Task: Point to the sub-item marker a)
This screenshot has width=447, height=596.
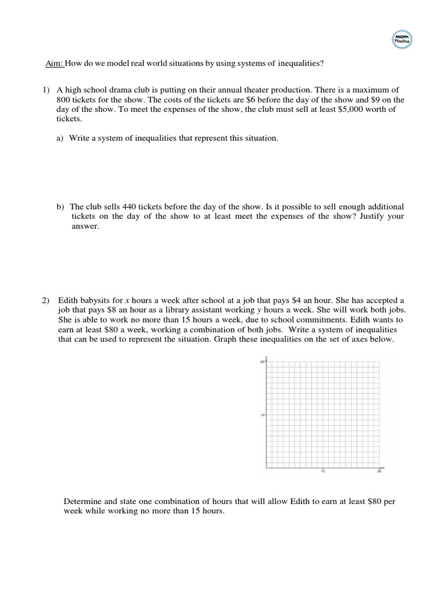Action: coord(60,139)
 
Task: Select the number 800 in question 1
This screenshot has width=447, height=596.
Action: coord(64,100)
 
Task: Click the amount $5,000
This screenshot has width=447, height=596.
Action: coord(331,109)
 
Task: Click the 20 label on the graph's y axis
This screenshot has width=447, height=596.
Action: coord(262,362)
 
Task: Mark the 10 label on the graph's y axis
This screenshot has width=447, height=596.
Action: coord(262,415)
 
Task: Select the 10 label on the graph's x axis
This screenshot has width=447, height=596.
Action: coord(322,472)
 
